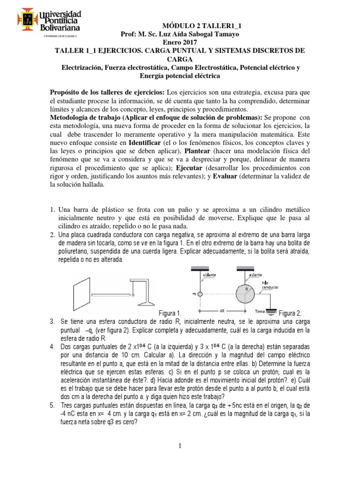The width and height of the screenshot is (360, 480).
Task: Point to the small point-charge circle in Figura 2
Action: point(200,295)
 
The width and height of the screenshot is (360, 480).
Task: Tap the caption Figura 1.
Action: point(168,313)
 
